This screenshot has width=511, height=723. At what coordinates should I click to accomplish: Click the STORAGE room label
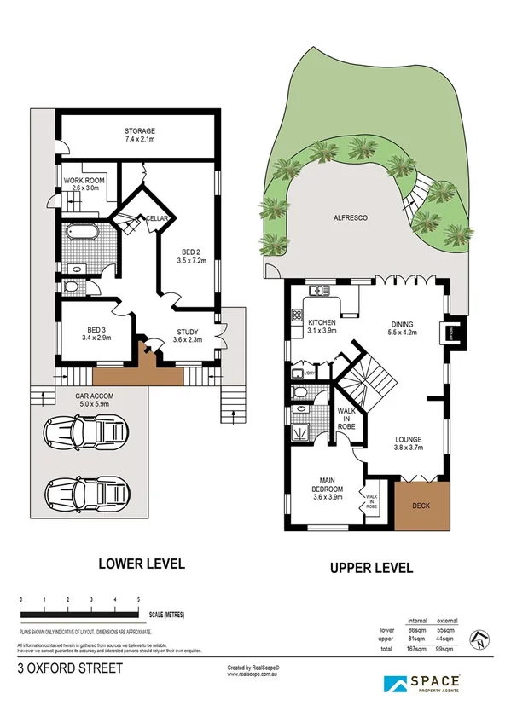[140, 131]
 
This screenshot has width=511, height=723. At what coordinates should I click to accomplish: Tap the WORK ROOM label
[82, 180]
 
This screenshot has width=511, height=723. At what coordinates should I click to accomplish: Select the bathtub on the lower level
[82, 233]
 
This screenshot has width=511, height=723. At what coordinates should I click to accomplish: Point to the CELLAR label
[156, 219]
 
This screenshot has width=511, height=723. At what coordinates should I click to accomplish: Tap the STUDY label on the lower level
[188, 332]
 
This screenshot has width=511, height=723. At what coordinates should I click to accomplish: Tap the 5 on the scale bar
[138, 600]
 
